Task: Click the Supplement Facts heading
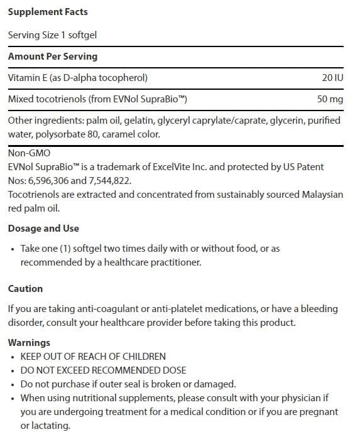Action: [x=48, y=12]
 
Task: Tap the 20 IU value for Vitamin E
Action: [x=332, y=78]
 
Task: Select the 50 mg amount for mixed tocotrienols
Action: [x=330, y=99]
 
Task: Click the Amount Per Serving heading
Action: [x=53, y=57]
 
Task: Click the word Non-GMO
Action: [x=29, y=153]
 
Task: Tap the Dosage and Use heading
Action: [x=43, y=229]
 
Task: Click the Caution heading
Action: [x=26, y=289]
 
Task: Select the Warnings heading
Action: [x=29, y=343]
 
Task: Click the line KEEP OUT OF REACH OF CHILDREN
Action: [x=93, y=356]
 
